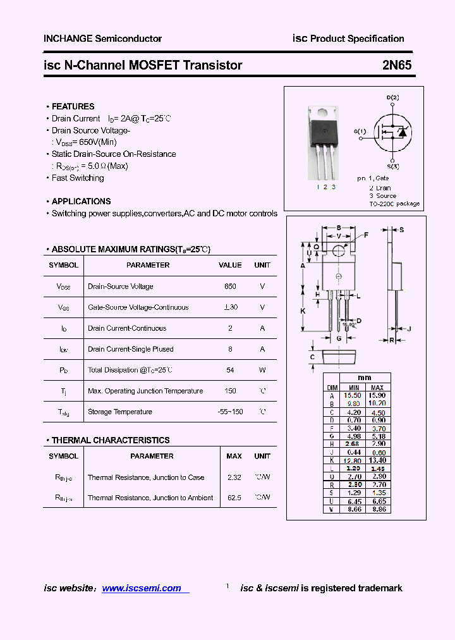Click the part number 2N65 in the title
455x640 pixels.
pos(397,65)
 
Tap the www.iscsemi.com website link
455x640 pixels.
pos(142,588)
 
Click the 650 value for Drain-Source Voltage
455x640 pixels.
pos(230,286)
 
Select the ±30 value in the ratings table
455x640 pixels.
pos(230,307)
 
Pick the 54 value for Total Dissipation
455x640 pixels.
pos(230,370)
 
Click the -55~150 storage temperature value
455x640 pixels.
pos(230,412)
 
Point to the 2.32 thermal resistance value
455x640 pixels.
pos(234,477)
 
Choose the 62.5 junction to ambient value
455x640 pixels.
pos(234,498)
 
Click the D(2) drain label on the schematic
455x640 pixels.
pos(392,97)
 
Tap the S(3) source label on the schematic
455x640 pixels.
pos(392,166)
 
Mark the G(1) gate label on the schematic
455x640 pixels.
pos(360,132)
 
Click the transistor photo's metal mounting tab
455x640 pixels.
pos(323,113)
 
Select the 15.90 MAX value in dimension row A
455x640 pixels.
pos(377,395)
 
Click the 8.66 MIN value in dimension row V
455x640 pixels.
pos(354,509)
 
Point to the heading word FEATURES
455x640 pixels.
pos(73,106)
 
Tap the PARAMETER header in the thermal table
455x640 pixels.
pos(152,456)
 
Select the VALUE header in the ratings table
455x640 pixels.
pos(230,266)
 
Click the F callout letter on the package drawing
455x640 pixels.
pos(365,235)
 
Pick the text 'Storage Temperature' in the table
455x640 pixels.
pos(120,412)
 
